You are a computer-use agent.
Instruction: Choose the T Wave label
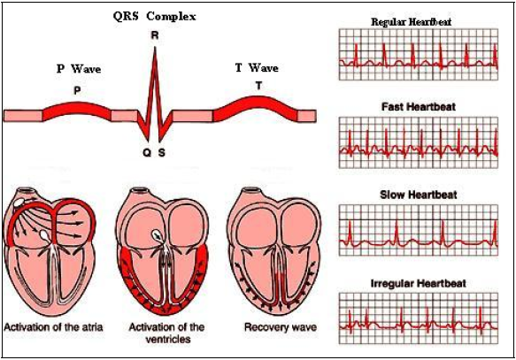tap(258, 67)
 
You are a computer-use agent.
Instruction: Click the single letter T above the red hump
tap(258, 85)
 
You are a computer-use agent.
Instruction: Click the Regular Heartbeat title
tap(420, 20)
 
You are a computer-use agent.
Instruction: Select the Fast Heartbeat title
tap(420, 106)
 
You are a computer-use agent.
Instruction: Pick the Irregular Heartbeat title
tap(420, 282)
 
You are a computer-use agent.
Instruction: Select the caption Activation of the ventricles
tap(161, 333)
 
